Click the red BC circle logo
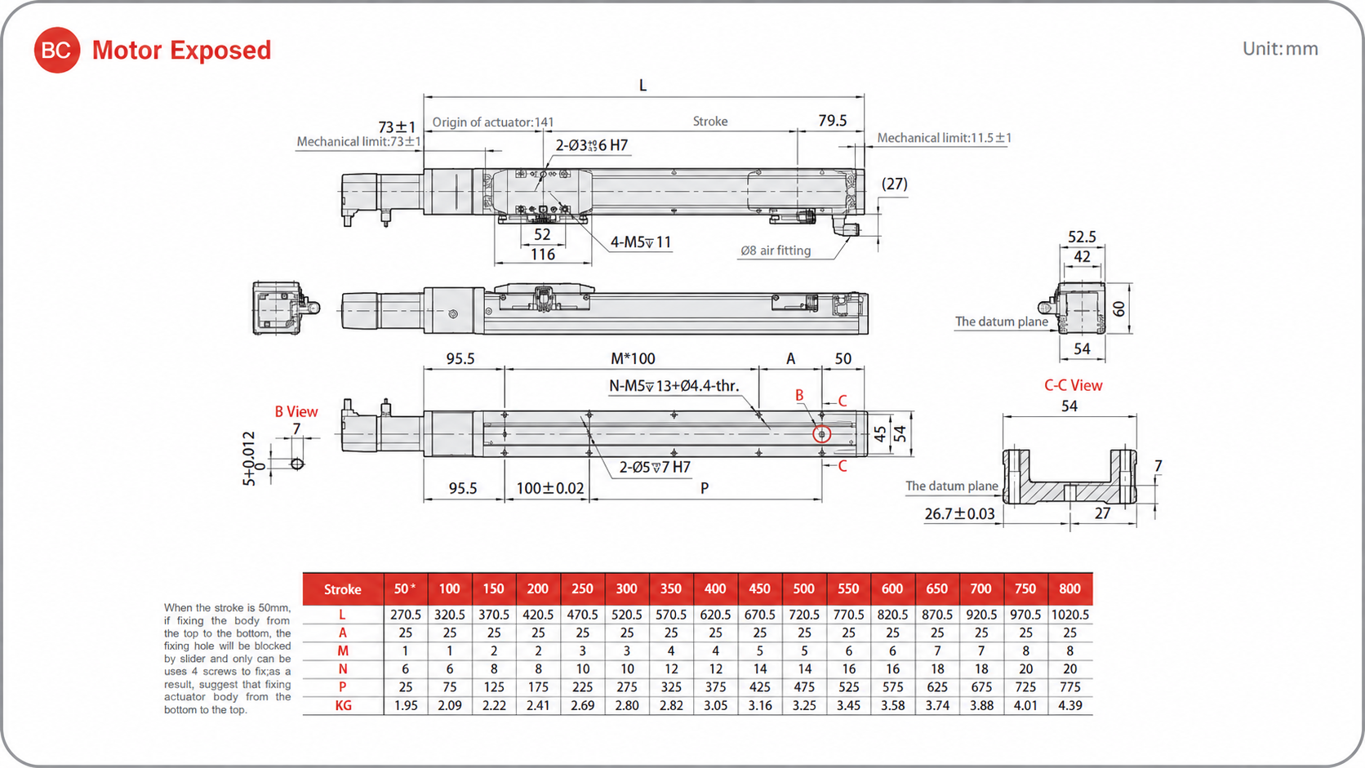pos(56,50)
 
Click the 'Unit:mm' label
pos(1280,49)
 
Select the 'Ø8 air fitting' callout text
pos(775,251)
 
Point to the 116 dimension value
pos(542,254)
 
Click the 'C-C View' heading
pos(1073,385)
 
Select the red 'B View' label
pos(296,411)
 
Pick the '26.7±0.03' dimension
pos(959,514)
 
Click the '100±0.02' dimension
pos(549,488)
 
